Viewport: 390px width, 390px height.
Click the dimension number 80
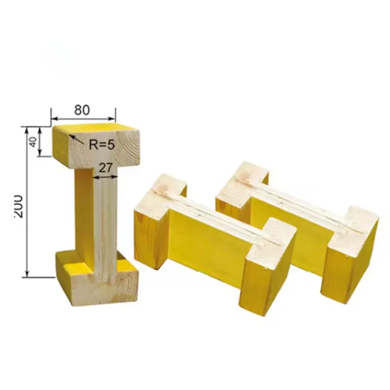tap(82, 110)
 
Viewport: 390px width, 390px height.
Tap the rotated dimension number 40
tap(33, 141)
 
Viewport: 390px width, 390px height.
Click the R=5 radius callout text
tap(101, 145)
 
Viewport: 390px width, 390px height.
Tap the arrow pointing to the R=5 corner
tap(73, 138)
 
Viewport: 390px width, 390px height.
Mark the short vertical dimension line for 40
tap(41, 141)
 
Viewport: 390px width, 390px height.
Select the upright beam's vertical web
tap(104, 218)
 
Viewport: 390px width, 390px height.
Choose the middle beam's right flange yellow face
tap(255, 281)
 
